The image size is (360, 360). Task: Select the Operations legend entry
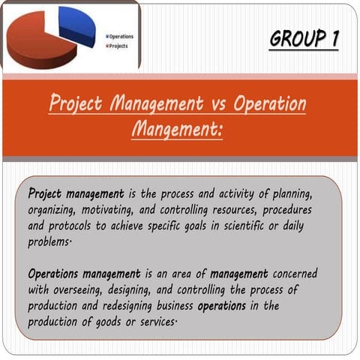click(x=121, y=36)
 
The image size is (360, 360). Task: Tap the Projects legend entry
click(x=118, y=46)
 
